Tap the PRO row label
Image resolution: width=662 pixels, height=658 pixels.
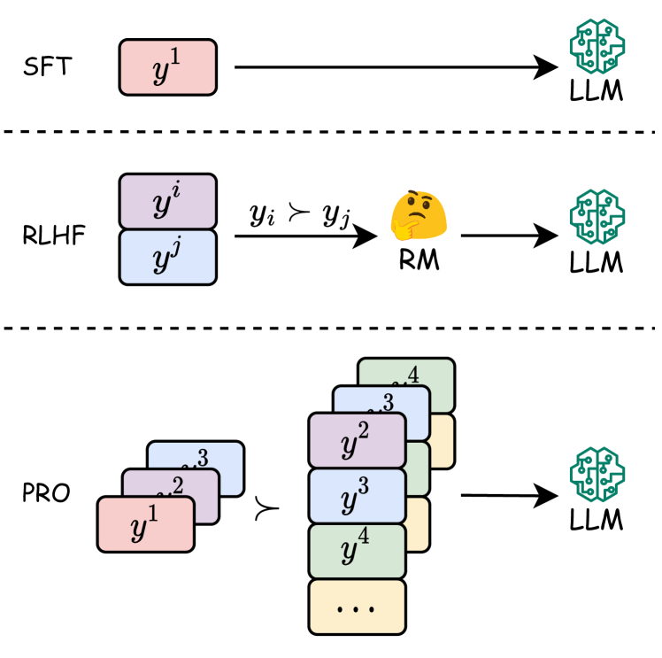point(45,493)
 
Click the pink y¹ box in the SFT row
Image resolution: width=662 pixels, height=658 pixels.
point(168,66)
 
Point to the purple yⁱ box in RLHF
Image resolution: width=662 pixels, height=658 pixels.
point(168,201)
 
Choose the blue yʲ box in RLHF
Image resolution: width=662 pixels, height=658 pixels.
point(168,258)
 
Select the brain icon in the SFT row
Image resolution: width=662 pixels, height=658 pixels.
point(596,46)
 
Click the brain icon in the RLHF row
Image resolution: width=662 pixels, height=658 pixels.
point(596,217)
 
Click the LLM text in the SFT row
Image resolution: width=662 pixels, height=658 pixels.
point(596,91)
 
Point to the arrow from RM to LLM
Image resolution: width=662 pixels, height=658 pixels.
point(508,236)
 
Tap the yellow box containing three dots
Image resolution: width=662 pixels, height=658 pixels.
point(357,606)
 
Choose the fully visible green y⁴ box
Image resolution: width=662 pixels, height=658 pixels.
point(357,551)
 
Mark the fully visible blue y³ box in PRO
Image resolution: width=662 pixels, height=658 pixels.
point(357,495)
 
